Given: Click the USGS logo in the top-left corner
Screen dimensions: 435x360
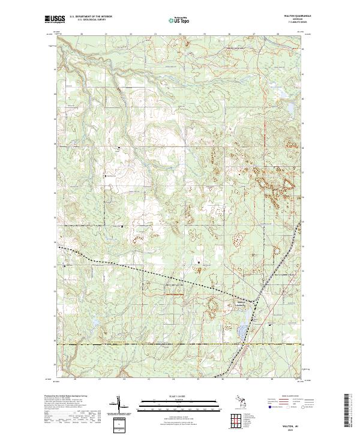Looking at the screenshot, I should (54, 19).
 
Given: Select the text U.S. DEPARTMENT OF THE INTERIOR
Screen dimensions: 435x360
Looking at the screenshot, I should (91, 17).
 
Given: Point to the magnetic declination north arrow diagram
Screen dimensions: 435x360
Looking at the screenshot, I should (121, 405).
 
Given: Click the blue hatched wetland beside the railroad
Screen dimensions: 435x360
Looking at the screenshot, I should (242, 332).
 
